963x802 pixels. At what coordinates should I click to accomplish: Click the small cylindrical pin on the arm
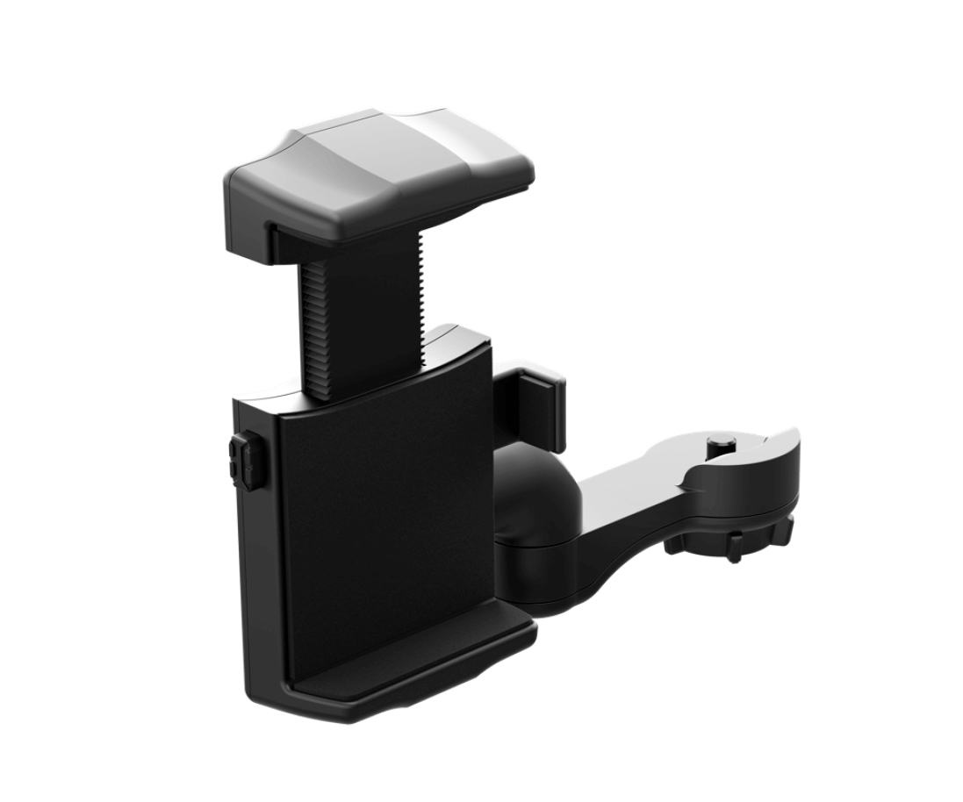pos(720,444)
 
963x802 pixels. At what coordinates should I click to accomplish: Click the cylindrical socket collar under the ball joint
pos(535,562)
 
